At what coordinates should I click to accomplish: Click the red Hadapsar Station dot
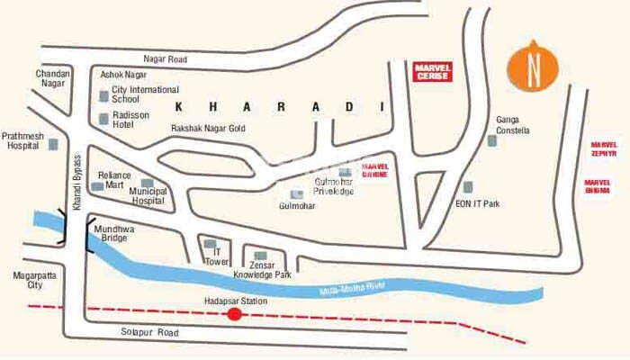(x=235, y=314)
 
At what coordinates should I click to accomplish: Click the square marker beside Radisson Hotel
(x=103, y=119)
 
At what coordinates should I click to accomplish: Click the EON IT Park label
(x=477, y=204)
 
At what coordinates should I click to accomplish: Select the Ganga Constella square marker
(x=491, y=140)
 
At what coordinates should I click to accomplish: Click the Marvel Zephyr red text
(x=604, y=149)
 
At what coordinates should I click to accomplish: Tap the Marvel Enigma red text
(x=604, y=186)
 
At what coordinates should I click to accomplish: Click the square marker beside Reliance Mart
(x=97, y=186)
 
